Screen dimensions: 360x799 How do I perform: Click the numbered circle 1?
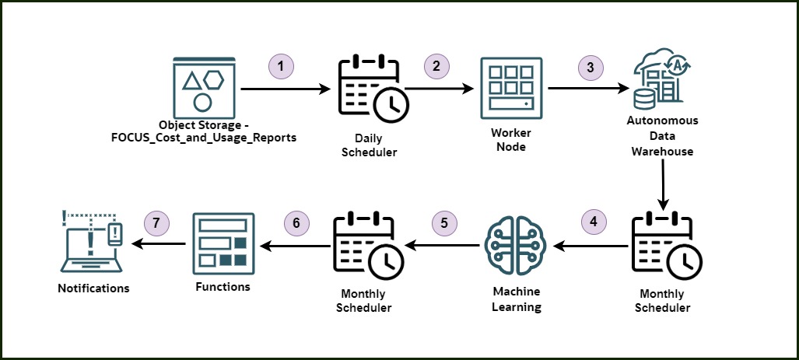[x=281, y=66]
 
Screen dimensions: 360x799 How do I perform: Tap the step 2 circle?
[x=436, y=66]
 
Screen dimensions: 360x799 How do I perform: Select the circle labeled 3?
[x=590, y=67]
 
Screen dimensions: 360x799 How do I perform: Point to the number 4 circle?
[x=594, y=221]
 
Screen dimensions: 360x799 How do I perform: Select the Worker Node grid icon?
[x=509, y=87]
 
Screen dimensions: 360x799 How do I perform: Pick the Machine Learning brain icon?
[x=516, y=245]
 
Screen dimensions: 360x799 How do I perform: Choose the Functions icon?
[x=222, y=243]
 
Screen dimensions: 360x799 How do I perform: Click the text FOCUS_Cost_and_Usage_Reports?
[x=204, y=138]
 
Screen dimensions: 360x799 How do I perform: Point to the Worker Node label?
[x=510, y=140]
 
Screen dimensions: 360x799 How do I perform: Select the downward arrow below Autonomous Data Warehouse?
[x=662, y=186]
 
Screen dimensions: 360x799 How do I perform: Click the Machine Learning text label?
[x=517, y=299]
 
